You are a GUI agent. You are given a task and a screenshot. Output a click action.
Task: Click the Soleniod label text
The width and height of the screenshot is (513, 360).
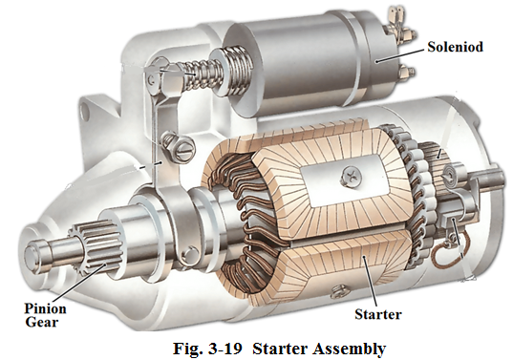point(455,47)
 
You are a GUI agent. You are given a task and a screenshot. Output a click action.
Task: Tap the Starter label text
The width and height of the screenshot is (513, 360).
point(378,314)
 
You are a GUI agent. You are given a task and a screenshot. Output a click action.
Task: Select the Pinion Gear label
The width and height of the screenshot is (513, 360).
point(45,315)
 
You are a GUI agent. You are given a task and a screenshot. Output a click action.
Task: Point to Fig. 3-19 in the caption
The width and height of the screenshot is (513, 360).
point(207,349)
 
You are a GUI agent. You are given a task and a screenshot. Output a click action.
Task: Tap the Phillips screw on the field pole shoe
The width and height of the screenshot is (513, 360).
point(351,177)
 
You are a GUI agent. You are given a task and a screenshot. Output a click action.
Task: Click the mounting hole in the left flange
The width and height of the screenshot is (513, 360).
point(85,112)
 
